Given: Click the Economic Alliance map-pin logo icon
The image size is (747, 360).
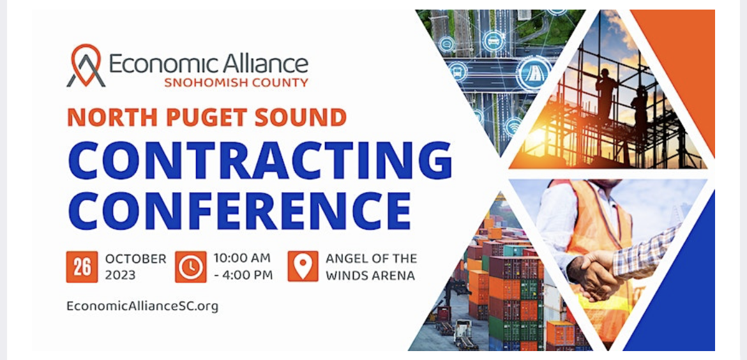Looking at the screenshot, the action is [86, 66].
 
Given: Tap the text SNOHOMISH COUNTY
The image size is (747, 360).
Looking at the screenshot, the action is [236, 83].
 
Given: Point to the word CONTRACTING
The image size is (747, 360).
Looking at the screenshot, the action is [260, 160].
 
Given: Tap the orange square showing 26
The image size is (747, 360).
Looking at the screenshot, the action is [82, 267].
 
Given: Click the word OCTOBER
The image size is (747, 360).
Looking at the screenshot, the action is [136, 259].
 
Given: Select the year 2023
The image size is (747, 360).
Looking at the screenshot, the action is [121, 275].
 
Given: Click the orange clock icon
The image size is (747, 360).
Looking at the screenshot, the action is [191, 267].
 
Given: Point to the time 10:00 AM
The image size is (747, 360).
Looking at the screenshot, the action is [242, 259].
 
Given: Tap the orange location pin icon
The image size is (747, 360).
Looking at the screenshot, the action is [303, 266].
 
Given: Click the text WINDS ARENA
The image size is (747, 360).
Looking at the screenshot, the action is [370, 275].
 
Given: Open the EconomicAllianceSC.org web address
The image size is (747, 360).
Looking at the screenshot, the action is [142, 306].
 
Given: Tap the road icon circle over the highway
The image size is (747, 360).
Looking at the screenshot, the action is [533, 74].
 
